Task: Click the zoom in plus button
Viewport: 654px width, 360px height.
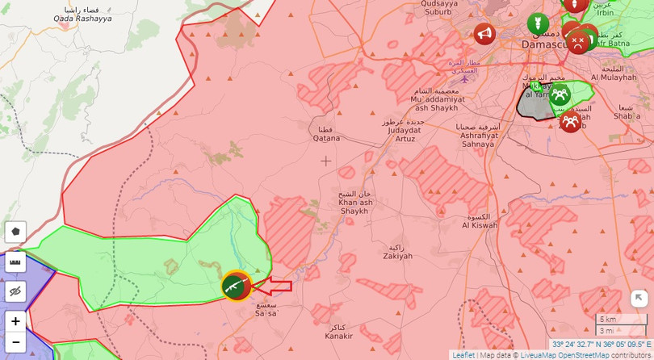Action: [x=15, y=321]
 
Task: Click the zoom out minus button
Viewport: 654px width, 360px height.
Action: [x=15, y=341]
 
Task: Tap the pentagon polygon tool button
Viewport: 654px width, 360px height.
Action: [x=15, y=232]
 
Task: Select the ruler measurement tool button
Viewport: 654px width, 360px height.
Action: [x=15, y=262]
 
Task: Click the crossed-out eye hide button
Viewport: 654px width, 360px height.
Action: [x=15, y=291]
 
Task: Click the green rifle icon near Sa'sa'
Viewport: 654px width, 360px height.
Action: [x=234, y=286]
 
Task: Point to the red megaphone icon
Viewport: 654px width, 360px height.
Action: [x=484, y=34]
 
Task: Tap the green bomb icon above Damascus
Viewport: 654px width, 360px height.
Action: [x=537, y=23]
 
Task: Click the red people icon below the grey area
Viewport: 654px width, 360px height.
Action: [x=570, y=121]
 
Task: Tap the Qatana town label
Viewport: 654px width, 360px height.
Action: [x=326, y=134]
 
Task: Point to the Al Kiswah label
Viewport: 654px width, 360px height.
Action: [x=480, y=221]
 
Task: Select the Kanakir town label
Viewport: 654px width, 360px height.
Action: [x=339, y=332]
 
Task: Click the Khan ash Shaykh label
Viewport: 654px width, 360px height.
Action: [x=354, y=207]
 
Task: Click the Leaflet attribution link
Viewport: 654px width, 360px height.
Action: [x=463, y=355]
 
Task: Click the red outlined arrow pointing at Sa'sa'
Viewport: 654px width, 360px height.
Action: [x=278, y=285]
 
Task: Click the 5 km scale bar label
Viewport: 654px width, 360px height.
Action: [x=608, y=319]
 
